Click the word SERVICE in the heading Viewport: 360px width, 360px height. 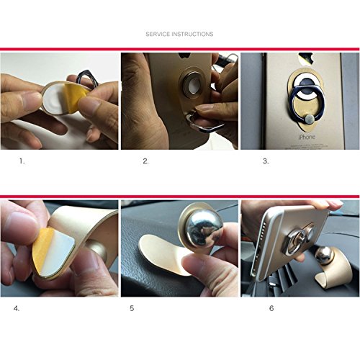click(x=158, y=34)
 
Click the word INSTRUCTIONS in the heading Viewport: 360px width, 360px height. click(x=193, y=34)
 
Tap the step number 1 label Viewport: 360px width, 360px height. click(x=22, y=161)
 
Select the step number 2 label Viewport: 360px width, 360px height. click(x=145, y=161)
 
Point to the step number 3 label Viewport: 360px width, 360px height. click(x=266, y=161)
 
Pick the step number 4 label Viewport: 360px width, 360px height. click(x=17, y=308)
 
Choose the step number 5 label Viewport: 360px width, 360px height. click(x=132, y=308)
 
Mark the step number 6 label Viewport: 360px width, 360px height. click(x=271, y=308)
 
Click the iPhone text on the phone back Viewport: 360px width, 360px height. click(x=307, y=138)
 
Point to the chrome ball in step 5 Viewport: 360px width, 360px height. click(x=204, y=229)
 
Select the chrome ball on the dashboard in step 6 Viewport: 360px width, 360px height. click(x=324, y=256)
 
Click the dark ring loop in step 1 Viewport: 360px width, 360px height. click(x=86, y=77)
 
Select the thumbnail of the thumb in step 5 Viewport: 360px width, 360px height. click(x=192, y=263)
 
